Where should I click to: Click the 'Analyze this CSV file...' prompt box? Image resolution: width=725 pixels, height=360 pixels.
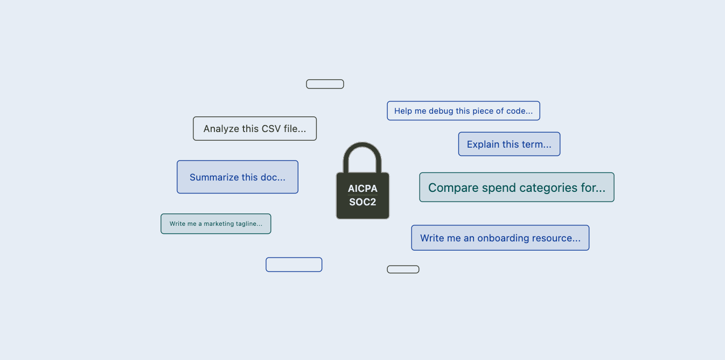255,129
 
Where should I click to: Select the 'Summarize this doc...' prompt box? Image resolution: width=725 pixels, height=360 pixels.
238,177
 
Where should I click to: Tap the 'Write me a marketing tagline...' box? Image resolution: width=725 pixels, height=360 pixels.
216,224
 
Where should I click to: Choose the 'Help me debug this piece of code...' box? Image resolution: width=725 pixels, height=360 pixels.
463,111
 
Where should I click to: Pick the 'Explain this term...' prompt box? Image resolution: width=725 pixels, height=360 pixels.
509,144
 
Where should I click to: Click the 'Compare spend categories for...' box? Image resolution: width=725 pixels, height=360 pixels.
517,188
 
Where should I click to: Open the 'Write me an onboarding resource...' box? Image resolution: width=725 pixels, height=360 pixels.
500,238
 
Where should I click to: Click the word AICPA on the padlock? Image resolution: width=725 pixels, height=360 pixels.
362,189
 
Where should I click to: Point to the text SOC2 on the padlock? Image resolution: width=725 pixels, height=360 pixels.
362,203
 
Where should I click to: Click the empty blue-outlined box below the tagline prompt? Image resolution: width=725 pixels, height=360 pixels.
294,265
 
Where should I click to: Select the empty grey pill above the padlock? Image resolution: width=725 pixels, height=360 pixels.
325,84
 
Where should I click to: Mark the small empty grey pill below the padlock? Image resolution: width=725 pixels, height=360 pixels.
403,269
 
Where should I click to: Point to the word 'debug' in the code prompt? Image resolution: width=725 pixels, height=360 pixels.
441,111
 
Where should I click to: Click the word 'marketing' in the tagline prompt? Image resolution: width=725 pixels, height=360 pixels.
218,224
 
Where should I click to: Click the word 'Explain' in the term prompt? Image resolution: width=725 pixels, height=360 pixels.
482,144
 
